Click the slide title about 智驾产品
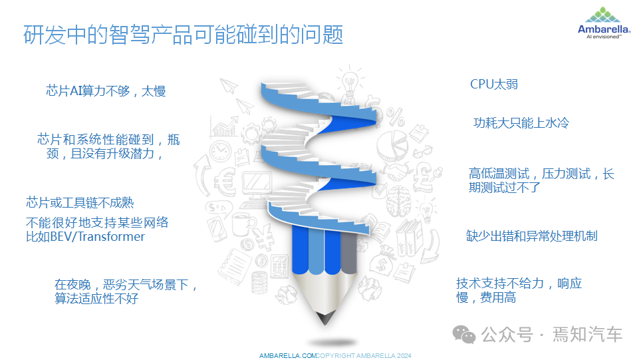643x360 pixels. pos(183,35)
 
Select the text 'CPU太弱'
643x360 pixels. pos(493,84)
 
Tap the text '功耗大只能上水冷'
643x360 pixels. pos(521,123)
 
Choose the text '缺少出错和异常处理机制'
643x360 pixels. pos(531,236)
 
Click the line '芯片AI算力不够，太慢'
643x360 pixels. pos(106,91)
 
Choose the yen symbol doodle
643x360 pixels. pos(258,233)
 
